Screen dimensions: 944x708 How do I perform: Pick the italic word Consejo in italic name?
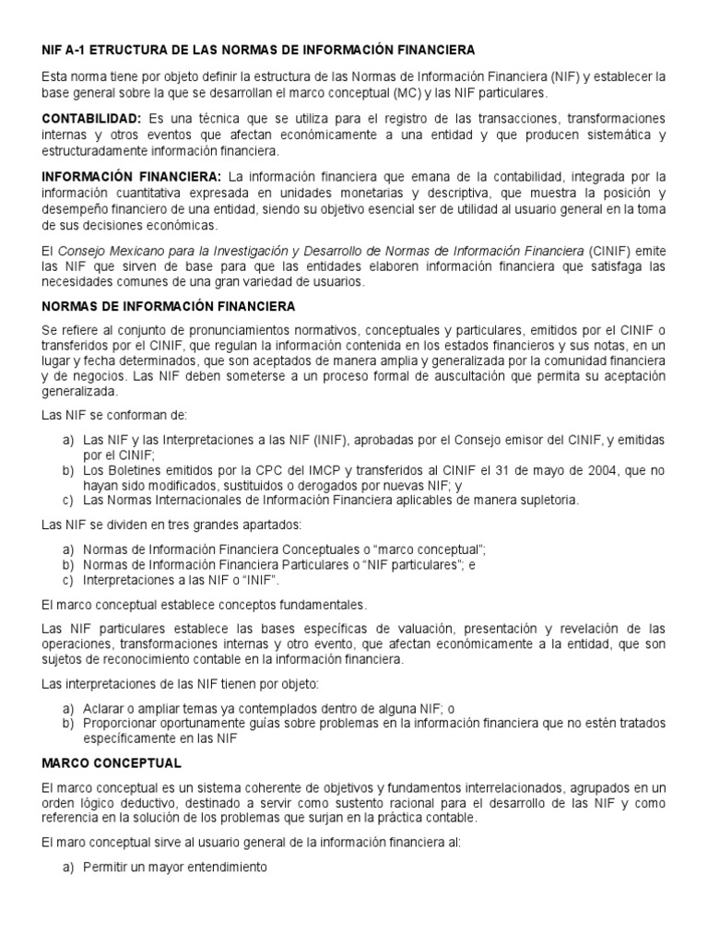(x=82, y=251)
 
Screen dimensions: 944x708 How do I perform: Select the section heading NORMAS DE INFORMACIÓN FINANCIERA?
(x=169, y=304)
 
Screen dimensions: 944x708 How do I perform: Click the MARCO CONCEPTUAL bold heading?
(x=112, y=763)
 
